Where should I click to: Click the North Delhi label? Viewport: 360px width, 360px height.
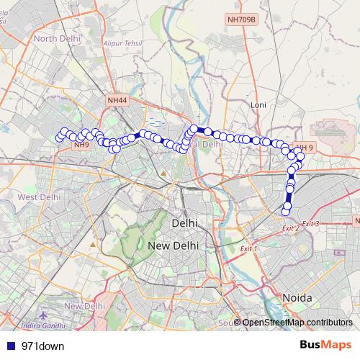[x=55, y=38]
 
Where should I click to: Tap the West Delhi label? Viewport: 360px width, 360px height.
[x=39, y=197]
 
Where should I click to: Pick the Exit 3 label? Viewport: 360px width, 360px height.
[x=310, y=224]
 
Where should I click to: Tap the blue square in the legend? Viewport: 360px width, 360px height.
[x=9, y=346]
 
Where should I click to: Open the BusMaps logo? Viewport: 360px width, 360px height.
[x=325, y=346]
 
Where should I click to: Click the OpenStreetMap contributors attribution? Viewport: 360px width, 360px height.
[x=297, y=322]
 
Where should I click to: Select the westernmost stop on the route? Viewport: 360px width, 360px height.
[x=60, y=138]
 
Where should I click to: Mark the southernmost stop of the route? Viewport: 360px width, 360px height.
[x=286, y=211]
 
